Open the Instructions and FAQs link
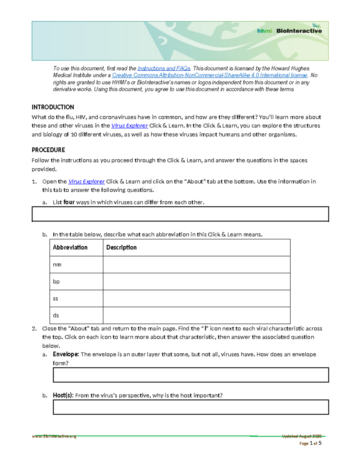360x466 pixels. [x=164, y=68]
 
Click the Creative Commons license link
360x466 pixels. [x=210, y=75]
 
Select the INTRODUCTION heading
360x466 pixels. [x=53, y=107]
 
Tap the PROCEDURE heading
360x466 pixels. [x=48, y=150]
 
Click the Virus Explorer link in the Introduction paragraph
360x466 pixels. [x=129, y=126]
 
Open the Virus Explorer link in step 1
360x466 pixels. [x=86, y=182]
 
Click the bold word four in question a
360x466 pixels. [x=69, y=202]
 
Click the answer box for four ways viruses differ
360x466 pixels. [x=180, y=214]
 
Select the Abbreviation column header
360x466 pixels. [x=70, y=248]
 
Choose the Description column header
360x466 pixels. [x=121, y=248]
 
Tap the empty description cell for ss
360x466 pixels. [x=196, y=298]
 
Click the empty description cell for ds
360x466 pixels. [x=196, y=315]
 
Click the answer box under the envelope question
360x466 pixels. [x=191, y=375]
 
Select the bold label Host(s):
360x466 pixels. [x=63, y=395]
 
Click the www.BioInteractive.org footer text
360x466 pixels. [x=54, y=436]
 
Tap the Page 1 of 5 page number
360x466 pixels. [x=310, y=443]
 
